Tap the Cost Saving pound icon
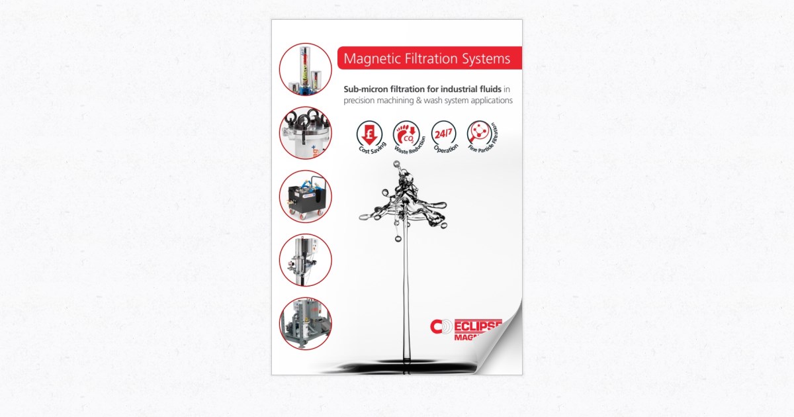[369, 133]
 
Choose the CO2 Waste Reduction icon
[404, 133]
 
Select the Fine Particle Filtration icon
[478, 133]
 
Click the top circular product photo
[305, 69]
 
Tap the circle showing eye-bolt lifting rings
[305, 132]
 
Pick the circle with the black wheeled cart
[305, 197]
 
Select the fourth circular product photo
[305, 260]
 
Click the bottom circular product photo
[305, 323]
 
